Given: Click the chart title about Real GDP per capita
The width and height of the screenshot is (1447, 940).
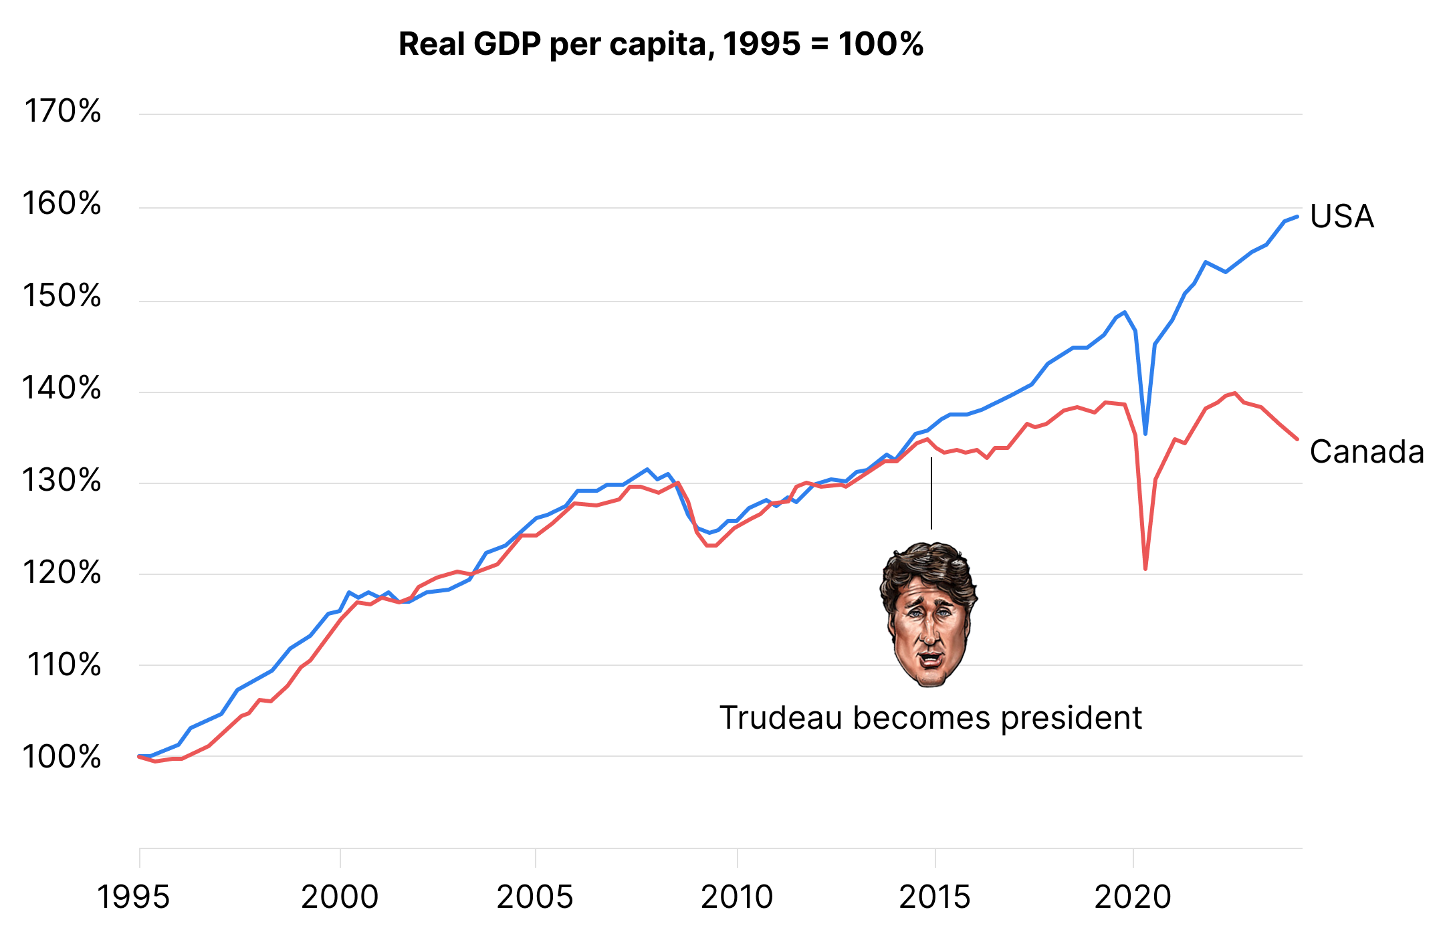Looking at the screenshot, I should pyautogui.click(x=661, y=44).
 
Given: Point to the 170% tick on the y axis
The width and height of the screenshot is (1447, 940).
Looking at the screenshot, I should pyautogui.click(x=63, y=111).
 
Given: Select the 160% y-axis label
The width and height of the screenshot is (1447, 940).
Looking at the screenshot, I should pyautogui.click(x=62, y=203).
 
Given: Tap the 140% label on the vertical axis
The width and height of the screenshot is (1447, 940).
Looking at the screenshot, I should pyautogui.click(x=62, y=388).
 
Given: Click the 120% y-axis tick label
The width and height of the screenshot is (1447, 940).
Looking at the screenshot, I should pyautogui.click(x=62, y=573).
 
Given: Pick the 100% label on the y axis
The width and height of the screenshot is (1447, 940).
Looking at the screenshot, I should pyautogui.click(x=62, y=757).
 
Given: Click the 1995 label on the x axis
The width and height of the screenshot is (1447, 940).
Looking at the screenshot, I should pyautogui.click(x=134, y=897).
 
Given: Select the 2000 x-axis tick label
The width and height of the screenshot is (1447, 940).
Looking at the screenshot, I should pyautogui.click(x=340, y=897).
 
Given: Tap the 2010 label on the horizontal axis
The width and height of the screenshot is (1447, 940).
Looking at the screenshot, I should pyautogui.click(x=737, y=897).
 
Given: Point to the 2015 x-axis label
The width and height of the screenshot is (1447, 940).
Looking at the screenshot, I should pyautogui.click(x=935, y=897).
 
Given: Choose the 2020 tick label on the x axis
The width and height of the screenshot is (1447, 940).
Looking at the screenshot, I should pyautogui.click(x=1133, y=897).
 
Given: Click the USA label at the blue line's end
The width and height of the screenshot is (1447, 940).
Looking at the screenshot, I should pyautogui.click(x=1341, y=217).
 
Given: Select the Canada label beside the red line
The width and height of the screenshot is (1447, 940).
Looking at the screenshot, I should pyautogui.click(x=1367, y=452).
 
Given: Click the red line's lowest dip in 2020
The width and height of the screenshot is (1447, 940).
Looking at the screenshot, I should pyautogui.click(x=1145, y=568).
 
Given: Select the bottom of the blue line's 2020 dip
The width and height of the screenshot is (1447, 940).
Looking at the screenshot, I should pyautogui.click(x=1145, y=434).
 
